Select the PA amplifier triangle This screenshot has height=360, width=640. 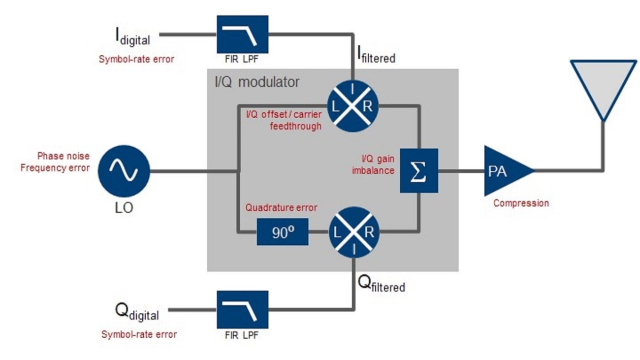click(505, 171)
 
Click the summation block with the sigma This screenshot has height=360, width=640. click(418, 171)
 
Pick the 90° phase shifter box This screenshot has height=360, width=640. click(282, 232)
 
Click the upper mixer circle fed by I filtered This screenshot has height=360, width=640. click(353, 105)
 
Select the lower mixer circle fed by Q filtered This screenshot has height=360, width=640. click(353, 232)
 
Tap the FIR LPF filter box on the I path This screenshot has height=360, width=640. click(242, 34)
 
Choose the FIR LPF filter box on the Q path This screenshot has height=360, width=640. click(242, 310)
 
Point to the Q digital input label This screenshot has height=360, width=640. click(136, 312)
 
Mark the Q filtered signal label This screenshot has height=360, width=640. click(380, 284)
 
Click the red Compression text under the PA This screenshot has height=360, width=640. click(521, 203)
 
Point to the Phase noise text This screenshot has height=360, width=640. click(64, 156)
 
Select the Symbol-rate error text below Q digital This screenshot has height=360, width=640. click(139, 334)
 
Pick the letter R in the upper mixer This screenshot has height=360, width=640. click(367, 105)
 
